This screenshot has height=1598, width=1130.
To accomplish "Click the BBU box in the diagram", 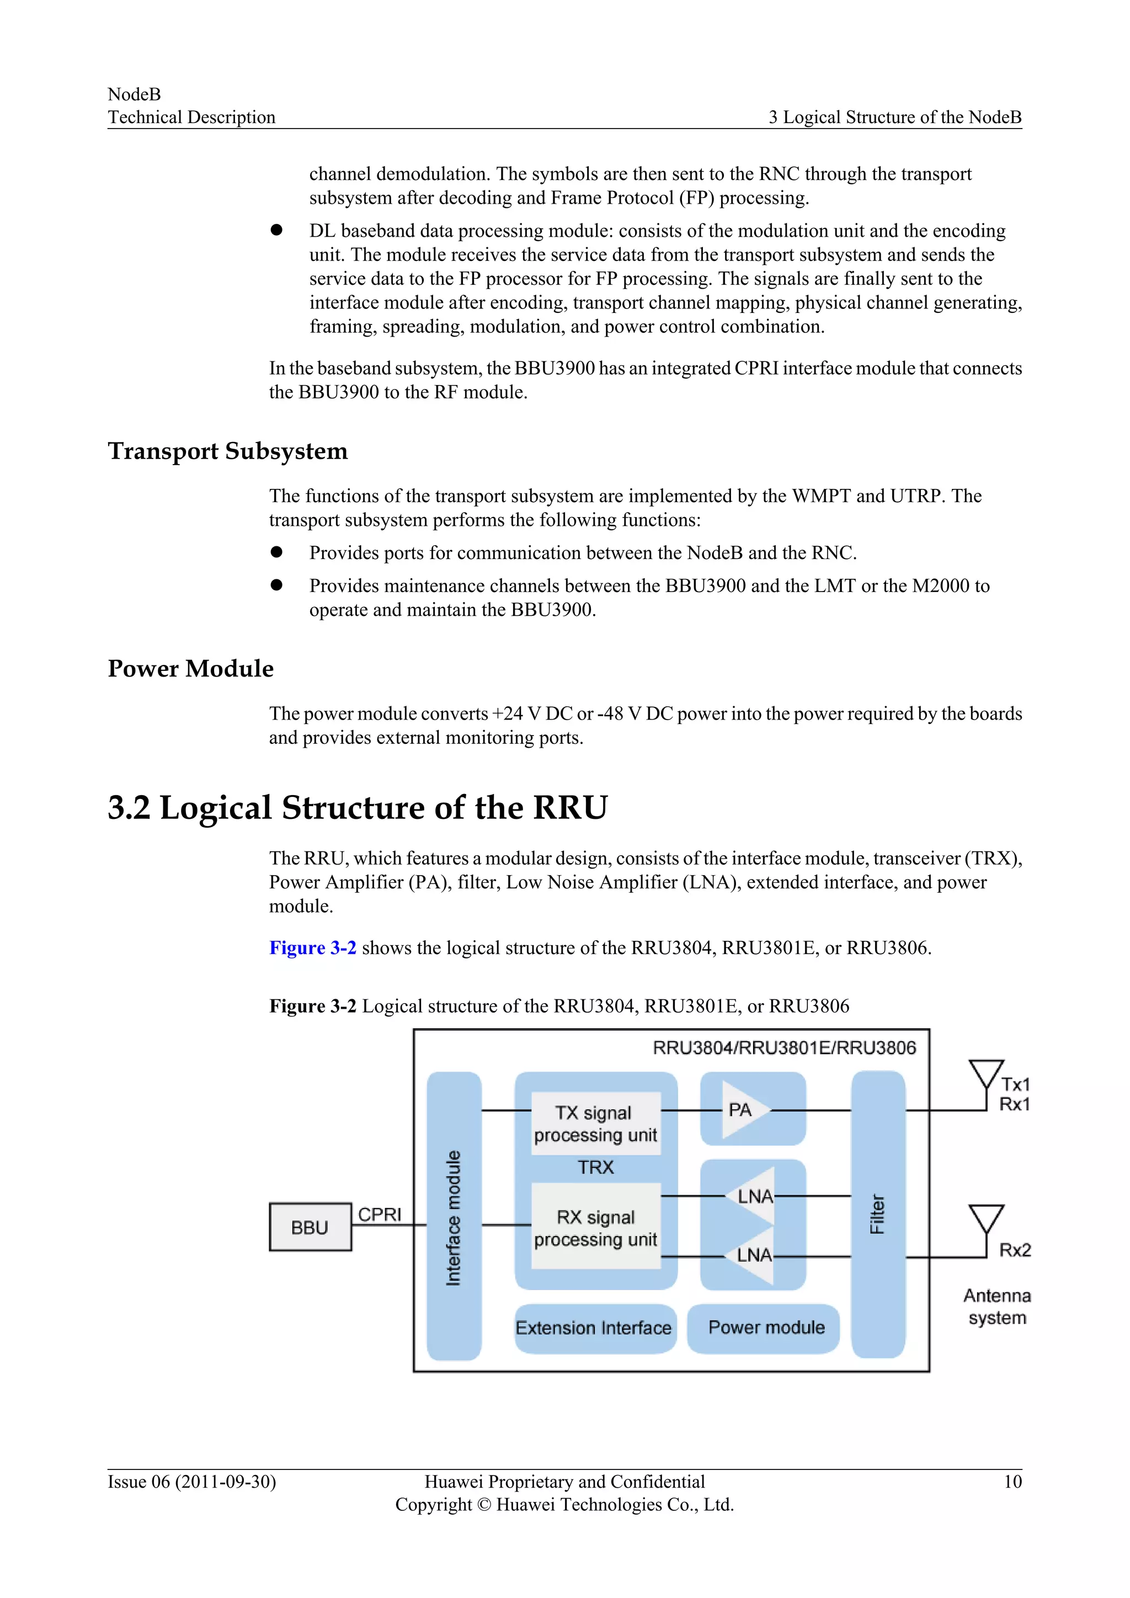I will [310, 1227].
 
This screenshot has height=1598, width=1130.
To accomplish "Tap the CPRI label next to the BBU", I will [380, 1215].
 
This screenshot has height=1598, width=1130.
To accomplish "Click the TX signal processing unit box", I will [595, 1123].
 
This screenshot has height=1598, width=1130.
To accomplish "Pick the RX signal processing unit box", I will [595, 1228].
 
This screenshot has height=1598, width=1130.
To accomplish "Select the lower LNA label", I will [754, 1255].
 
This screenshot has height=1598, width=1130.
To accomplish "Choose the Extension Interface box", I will [594, 1328].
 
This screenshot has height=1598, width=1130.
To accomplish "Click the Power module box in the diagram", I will [766, 1327].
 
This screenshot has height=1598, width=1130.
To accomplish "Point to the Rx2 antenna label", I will [1015, 1250].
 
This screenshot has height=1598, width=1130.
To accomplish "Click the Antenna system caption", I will [997, 1307].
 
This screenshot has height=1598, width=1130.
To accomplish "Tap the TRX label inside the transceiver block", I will [595, 1167].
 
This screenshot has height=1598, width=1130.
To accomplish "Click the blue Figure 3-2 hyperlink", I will [313, 948].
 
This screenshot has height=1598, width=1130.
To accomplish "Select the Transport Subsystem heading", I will [227, 451].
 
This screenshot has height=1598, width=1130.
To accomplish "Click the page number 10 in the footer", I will [1012, 1482].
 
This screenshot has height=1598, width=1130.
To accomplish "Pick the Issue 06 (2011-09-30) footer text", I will [192, 1482].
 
